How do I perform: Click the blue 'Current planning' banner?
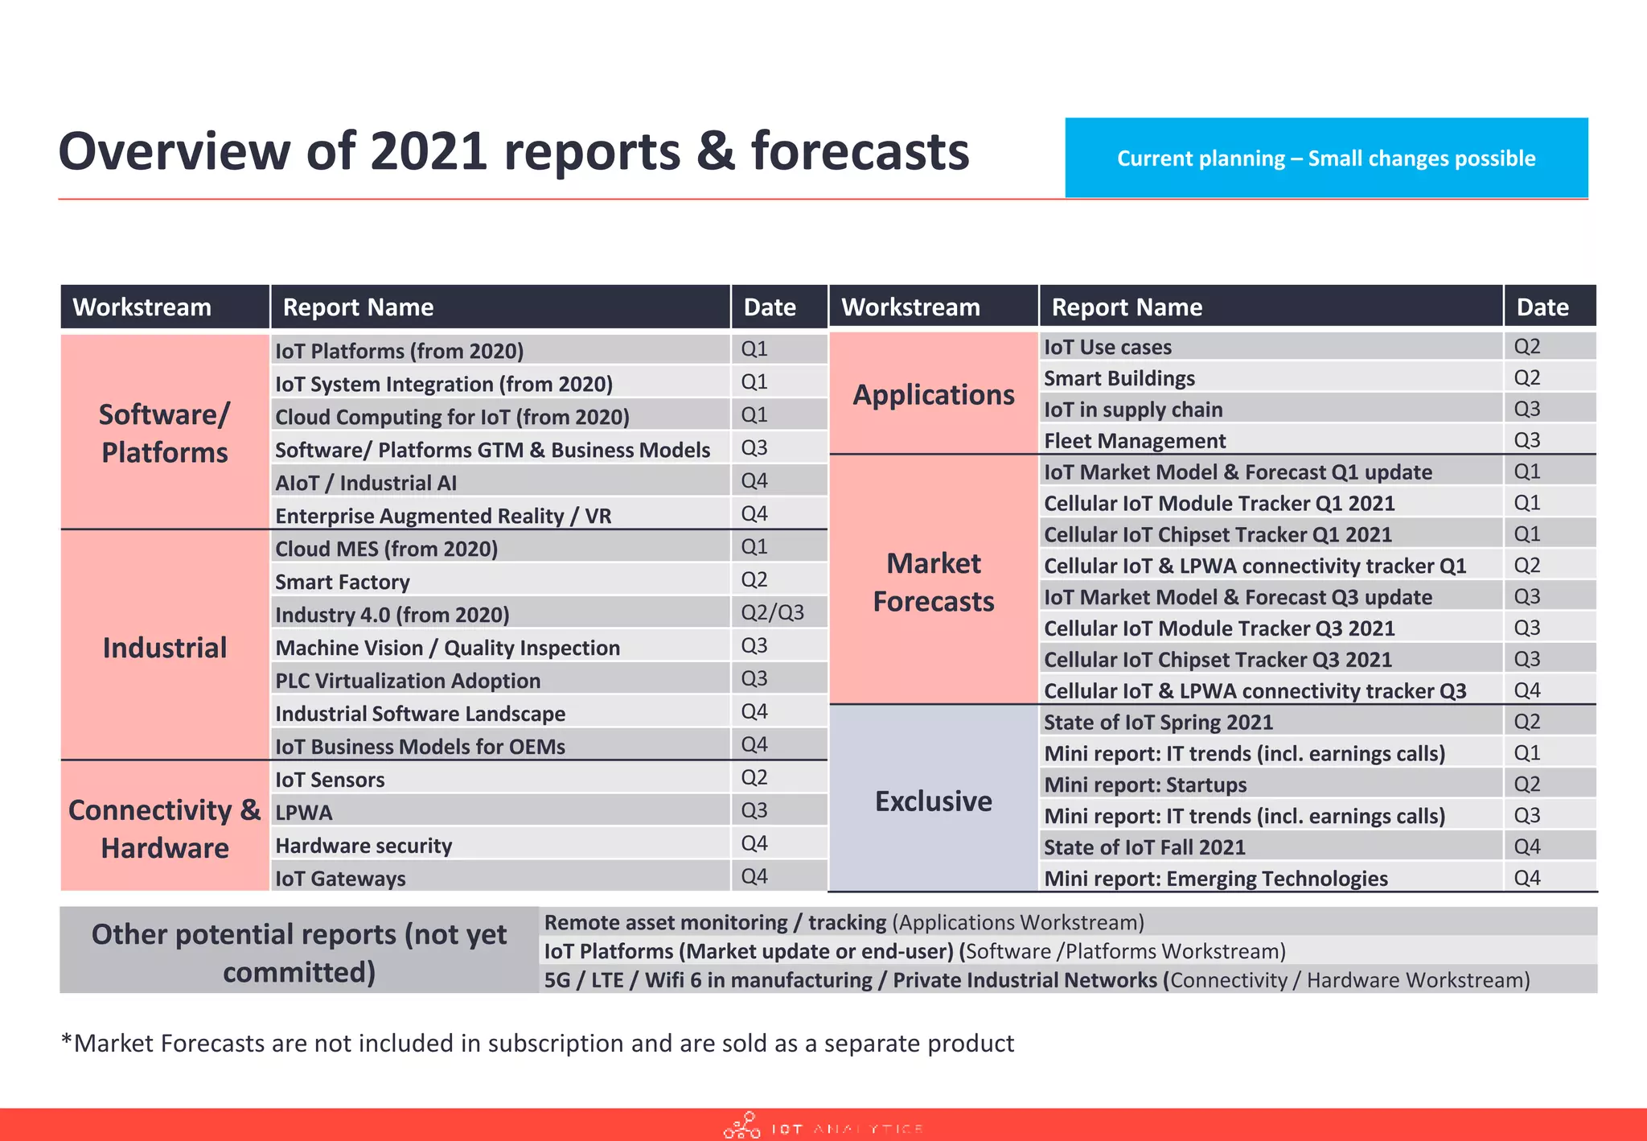(1325, 158)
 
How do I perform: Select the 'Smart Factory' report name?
(343, 582)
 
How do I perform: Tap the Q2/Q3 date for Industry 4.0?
(772, 613)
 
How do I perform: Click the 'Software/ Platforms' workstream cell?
(164, 433)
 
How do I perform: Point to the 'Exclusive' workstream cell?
(933, 801)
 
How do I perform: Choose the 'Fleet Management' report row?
(1134, 441)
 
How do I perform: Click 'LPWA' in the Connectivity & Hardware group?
(304, 813)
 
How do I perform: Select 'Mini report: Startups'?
(1145, 785)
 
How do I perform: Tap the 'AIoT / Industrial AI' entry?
(366, 483)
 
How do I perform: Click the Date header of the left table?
(770, 307)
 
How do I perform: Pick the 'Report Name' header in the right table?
(1127, 307)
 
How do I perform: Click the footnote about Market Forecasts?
(537, 1044)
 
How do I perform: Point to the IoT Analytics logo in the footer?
(822, 1127)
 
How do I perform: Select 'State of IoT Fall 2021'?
(1144, 847)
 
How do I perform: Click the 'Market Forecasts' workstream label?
(933, 582)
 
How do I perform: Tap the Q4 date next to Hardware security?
(754, 844)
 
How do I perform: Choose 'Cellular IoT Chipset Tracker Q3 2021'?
(1217, 660)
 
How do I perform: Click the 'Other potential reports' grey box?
(299, 952)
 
